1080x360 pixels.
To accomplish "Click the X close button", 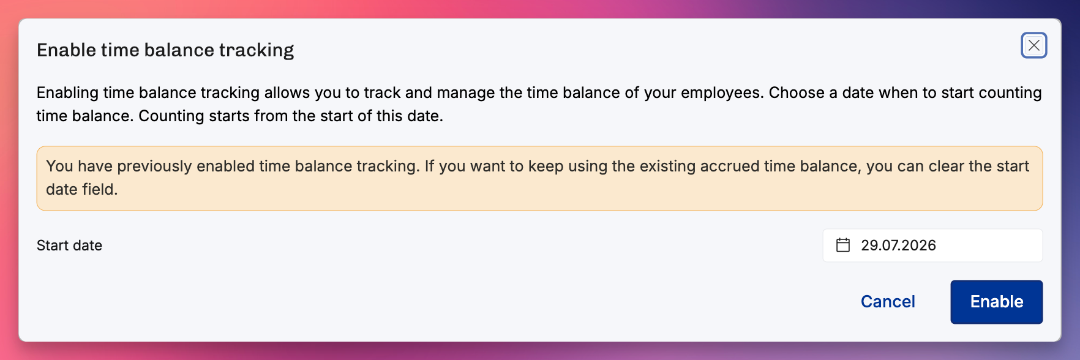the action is (x=1033, y=45).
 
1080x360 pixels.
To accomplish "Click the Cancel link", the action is (x=888, y=302).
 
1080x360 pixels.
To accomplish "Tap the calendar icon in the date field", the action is (x=843, y=246).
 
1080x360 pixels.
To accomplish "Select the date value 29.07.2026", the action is (x=898, y=246).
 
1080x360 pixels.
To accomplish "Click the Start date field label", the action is (x=69, y=246).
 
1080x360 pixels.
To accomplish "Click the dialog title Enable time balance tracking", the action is (x=165, y=50).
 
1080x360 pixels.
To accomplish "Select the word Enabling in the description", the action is (x=67, y=93).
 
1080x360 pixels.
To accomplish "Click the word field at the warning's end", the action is (x=100, y=189).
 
